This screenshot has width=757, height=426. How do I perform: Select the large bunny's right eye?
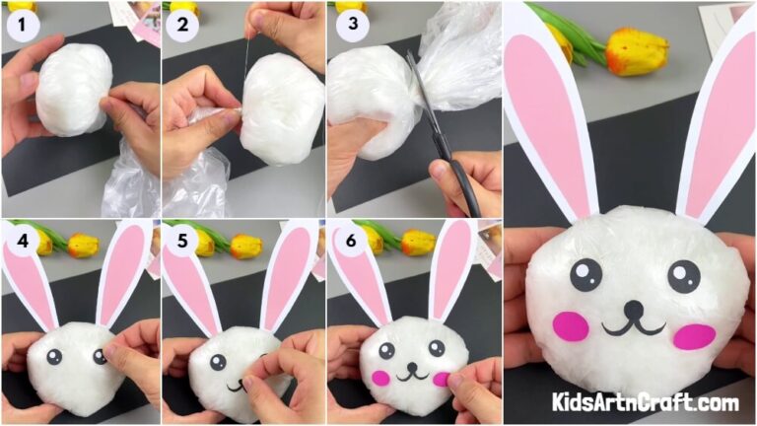(x=682, y=276)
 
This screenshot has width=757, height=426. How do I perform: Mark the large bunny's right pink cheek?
(x=694, y=336)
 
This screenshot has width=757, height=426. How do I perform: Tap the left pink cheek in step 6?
(x=380, y=377)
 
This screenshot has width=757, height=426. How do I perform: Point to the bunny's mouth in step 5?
(x=238, y=386)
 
